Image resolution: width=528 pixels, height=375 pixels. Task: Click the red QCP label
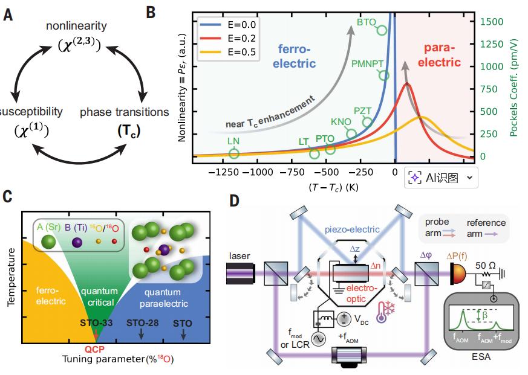pos(94,349)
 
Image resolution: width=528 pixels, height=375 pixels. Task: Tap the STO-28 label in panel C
pos(143,322)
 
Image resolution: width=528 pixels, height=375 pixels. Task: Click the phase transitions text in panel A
pos(125,112)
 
